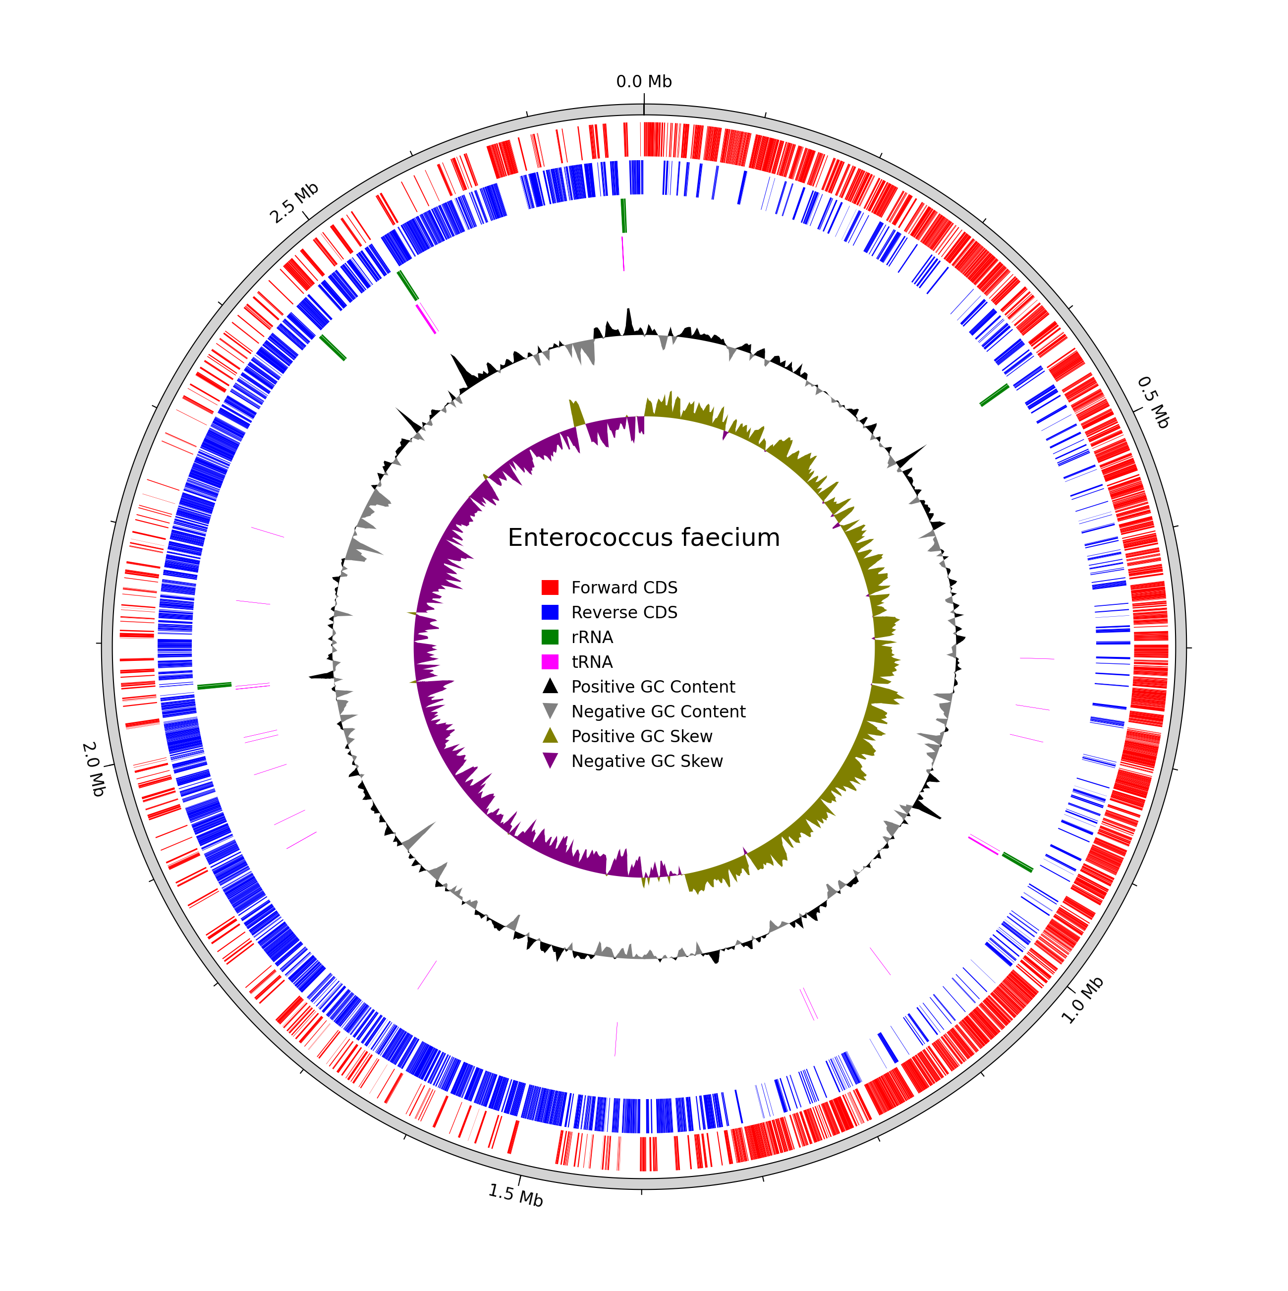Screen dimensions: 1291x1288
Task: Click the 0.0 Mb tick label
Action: click(x=643, y=81)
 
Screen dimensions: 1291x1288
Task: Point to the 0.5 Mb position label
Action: click(x=1152, y=402)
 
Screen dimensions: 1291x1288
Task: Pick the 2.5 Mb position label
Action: click(x=294, y=203)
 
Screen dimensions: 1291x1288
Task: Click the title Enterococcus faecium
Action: click(x=643, y=538)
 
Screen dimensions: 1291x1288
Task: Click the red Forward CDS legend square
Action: click(x=550, y=587)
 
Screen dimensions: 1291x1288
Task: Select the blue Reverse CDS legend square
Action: click(x=550, y=612)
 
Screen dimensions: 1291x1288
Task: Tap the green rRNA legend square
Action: click(x=550, y=637)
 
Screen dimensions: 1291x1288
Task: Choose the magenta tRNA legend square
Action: click(x=550, y=661)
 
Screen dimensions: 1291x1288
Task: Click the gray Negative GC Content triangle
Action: click(x=550, y=711)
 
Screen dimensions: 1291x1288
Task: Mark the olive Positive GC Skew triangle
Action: click(x=550, y=736)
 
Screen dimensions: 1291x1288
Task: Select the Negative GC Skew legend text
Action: click(x=647, y=761)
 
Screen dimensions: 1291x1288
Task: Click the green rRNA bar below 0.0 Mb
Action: click(x=624, y=215)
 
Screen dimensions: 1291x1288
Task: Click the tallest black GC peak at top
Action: click(x=628, y=321)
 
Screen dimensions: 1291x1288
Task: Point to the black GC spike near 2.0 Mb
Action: click(x=321, y=676)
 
